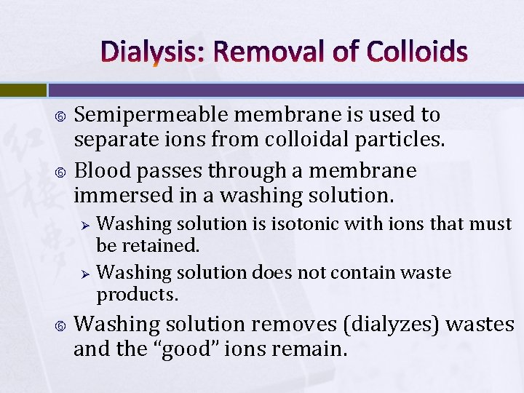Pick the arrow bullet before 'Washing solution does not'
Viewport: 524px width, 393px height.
(x=84, y=274)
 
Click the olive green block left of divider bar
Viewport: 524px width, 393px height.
(x=23, y=90)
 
